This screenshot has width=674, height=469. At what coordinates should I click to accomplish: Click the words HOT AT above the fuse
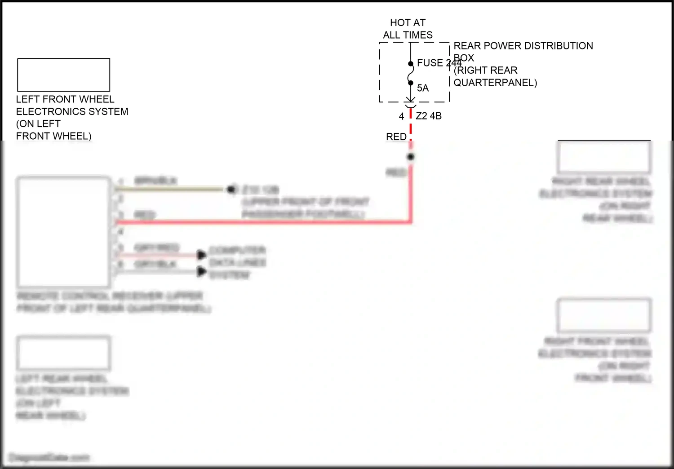coord(408,22)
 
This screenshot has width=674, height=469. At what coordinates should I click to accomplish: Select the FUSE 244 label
coord(436,63)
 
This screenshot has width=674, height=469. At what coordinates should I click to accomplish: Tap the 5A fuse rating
coord(423,88)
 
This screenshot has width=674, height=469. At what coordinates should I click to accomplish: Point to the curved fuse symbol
coord(411,73)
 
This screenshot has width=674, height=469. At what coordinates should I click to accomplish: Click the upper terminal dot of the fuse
coord(410,64)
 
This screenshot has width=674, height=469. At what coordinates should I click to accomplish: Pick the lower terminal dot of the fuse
coord(410,83)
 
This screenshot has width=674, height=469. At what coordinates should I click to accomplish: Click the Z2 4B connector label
coord(429,116)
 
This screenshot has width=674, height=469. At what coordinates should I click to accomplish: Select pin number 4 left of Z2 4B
coord(401,116)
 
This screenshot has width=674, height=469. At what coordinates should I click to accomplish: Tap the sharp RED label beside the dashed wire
coord(396,137)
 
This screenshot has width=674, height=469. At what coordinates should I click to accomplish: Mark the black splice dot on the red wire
coord(410,157)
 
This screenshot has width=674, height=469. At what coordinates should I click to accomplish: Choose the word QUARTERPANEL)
coord(495,83)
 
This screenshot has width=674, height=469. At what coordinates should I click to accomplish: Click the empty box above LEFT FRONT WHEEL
coord(63,75)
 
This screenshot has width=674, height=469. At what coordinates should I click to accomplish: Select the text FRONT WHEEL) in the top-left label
coord(53,136)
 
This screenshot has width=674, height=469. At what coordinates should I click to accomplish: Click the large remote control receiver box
coord(63,232)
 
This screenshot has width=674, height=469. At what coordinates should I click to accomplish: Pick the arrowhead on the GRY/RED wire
coord(202,255)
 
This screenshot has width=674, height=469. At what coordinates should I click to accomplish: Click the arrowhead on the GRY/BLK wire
coord(202,271)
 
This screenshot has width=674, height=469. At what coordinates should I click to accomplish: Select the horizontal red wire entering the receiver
coord(261,222)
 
